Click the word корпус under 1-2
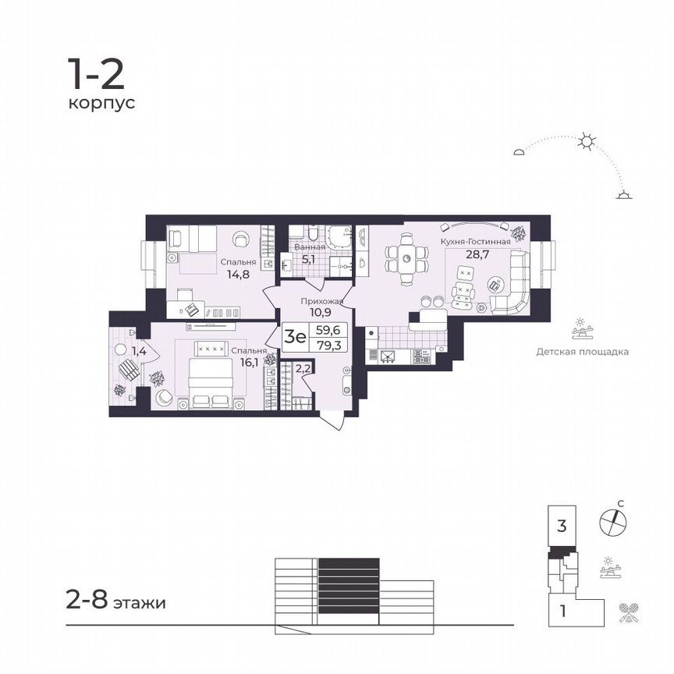pyautogui.click(x=101, y=103)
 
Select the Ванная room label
pyautogui.click(x=310, y=247)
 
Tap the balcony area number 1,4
pyautogui.click(x=139, y=352)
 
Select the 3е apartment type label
pyautogui.click(x=295, y=336)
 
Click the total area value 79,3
pyautogui.click(x=328, y=344)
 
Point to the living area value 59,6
pyautogui.click(x=328, y=330)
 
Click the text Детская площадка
pyautogui.click(x=582, y=351)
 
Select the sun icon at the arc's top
pyautogui.click(x=587, y=141)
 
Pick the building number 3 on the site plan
pyautogui.click(x=561, y=526)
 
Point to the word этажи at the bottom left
pyautogui.click(x=139, y=604)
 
